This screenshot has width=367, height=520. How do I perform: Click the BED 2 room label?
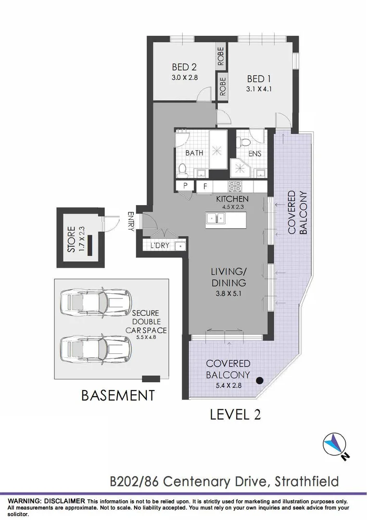point(184,67)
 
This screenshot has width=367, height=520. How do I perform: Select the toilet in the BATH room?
point(182,169)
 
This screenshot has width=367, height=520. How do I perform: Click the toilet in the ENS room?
point(243,141)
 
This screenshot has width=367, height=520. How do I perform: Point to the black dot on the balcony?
point(260,380)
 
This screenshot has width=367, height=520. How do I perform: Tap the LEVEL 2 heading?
point(236,414)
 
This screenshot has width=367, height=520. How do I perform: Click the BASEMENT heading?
point(118,396)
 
